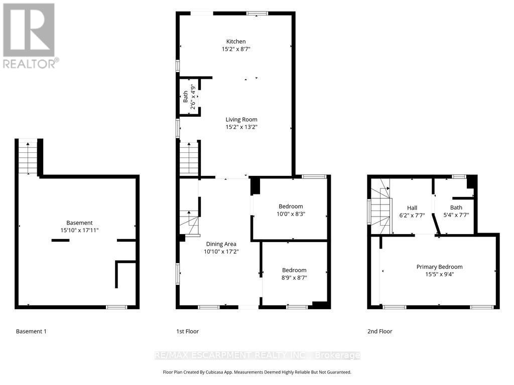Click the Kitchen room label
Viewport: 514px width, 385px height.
click(236, 42)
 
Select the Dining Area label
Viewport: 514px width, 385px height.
click(221, 244)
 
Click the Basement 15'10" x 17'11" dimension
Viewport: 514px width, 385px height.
click(79, 231)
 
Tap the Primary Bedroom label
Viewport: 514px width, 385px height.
click(439, 267)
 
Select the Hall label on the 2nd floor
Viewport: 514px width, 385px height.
click(412, 208)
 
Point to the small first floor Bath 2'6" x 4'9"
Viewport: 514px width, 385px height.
click(189, 96)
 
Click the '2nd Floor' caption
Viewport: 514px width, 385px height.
click(380, 331)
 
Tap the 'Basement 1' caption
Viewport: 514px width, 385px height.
click(31, 331)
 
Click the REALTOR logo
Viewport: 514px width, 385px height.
click(29, 35)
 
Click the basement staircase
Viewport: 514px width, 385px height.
click(28, 156)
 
